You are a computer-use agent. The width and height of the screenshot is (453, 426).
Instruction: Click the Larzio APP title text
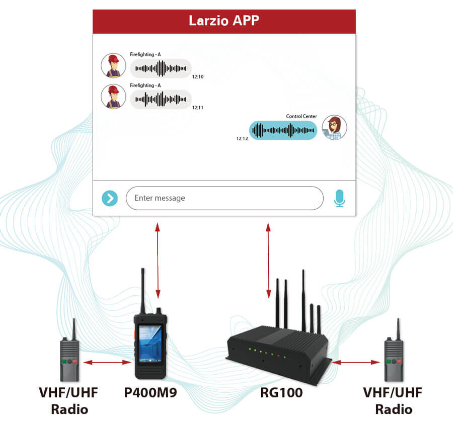224,21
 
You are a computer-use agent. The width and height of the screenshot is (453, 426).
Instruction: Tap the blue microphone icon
339,198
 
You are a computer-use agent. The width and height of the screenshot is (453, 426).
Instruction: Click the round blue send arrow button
110,198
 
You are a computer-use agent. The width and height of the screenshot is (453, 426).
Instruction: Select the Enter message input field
224,198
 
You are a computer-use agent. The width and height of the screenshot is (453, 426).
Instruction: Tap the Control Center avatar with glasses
334,128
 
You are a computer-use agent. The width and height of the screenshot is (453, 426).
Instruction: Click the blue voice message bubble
283,130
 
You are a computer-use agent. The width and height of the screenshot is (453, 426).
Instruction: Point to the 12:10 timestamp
198,77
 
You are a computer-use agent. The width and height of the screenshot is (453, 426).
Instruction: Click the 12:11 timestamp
198,108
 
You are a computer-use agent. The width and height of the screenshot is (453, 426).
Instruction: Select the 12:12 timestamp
242,138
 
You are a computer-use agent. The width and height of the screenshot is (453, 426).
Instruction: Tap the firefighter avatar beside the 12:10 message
113,65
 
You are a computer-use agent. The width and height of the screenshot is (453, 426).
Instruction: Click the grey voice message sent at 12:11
161,99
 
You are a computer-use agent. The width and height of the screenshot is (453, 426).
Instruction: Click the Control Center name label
301,116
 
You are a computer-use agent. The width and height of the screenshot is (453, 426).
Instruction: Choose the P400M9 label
150,393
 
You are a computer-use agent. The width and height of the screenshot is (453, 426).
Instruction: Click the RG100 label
281,393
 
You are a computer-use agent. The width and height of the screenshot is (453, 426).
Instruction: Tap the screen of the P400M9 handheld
150,344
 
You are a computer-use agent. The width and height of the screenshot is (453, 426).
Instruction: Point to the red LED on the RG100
278,356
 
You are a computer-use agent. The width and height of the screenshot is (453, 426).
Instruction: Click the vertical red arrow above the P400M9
158,260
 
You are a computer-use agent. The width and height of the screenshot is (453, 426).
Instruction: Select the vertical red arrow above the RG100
268,260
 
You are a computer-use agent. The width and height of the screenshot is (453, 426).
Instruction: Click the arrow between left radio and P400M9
108,362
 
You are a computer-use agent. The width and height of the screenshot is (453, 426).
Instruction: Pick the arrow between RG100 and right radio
356,362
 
